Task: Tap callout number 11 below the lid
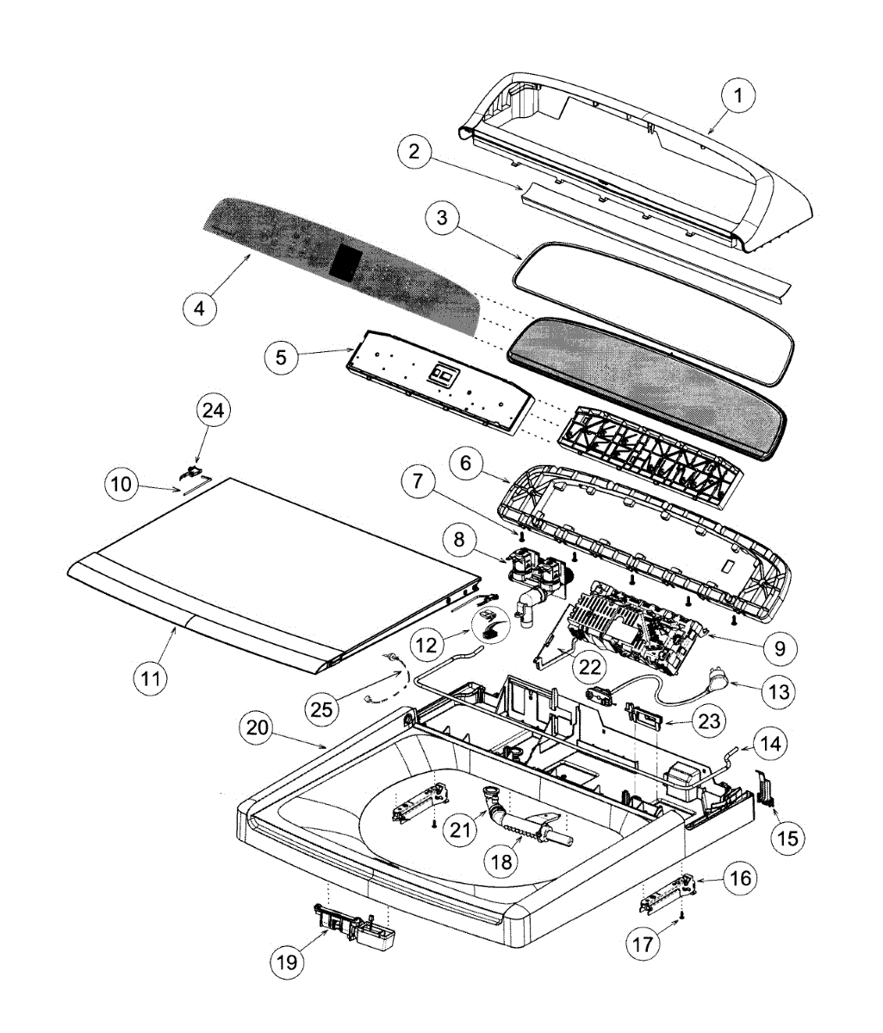pyautogui.click(x=152, y=677)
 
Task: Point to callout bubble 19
pyautogui.click(x=288, y=961)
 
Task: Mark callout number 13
pyautogui.click(x=773, y=690)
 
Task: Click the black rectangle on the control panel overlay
pyautogui.click(x=347, y=261)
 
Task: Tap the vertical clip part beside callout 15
pyautogui.click(x=766, y=788)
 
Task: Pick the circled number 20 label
pyautogui.click(x=259, y=727)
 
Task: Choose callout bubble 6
pyautogui.click(x=466, y=464)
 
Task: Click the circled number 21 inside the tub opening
pyautogui.click(x=462, y=831)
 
